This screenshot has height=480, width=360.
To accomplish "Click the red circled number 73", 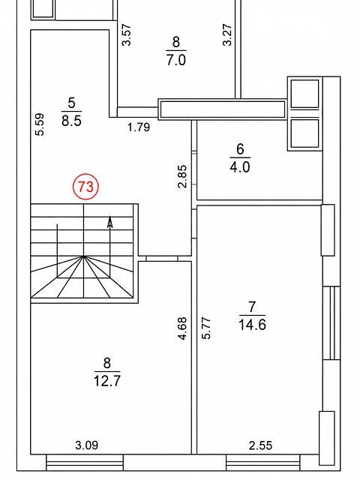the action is [85, 186].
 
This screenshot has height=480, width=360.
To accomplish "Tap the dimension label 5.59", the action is [40, 124].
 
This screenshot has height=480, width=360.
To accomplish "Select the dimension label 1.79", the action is [139, 127].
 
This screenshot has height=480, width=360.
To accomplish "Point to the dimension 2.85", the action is [181, 176].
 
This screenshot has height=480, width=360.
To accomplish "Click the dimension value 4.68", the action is [181, 328].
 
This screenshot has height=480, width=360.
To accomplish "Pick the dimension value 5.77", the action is [206, 328].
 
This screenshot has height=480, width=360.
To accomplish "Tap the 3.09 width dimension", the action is [87, 445].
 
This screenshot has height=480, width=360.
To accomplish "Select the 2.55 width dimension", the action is [260, 445].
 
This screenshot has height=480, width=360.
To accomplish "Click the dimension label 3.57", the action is [127, 35].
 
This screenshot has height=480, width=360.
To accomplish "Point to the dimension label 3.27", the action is [227, 35].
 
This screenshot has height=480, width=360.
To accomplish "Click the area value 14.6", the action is [252, 325].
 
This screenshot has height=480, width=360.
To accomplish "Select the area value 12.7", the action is [106, 381].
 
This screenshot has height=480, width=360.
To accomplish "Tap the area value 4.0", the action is [240, 167].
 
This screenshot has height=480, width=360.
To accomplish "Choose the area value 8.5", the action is [71, 120].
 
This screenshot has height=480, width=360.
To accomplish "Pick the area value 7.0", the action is [176, 60].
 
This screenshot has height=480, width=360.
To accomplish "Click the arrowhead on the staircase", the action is [110, 223].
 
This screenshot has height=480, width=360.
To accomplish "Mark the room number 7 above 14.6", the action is [252, 307].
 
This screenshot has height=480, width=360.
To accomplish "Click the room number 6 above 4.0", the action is [240, 149].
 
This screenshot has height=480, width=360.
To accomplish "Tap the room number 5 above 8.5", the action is [71, 103].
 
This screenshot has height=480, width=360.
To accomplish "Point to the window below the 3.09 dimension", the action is [85, 462].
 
